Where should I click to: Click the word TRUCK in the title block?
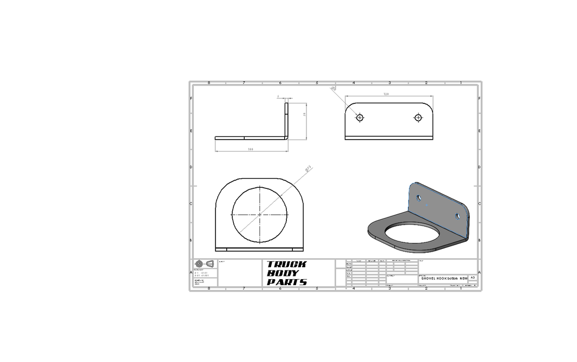(286, 264)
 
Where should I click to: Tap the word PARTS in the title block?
(287, 282)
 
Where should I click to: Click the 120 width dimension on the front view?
(386, 94)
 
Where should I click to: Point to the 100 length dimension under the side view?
(251, 149)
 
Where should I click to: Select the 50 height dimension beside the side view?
(305, 114)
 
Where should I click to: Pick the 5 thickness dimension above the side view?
(278, 97)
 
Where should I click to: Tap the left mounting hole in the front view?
(359, 117)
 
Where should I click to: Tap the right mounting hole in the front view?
(418, 117)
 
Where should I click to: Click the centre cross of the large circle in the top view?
(260, 214)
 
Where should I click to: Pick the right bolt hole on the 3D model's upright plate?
(458, 216)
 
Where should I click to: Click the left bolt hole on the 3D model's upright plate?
(419, 197)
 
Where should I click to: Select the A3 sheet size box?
(473, 277)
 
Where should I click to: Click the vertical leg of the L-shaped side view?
(287, 119)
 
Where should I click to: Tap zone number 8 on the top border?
(209, 83)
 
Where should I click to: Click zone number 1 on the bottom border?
(461, 288)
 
